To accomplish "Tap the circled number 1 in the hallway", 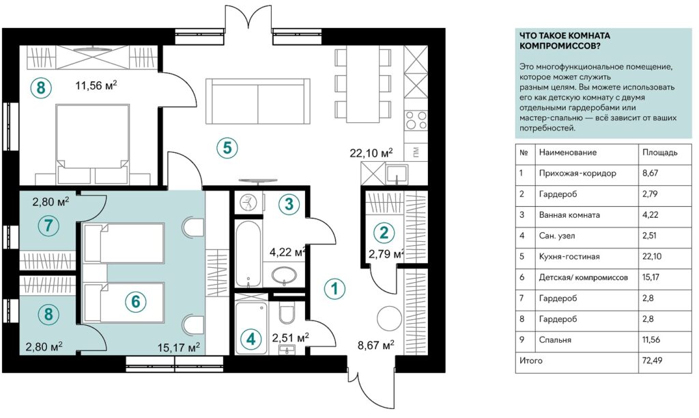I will pos(333,289).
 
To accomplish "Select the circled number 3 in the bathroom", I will pos(289,204).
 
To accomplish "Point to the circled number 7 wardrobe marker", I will pos(48,226).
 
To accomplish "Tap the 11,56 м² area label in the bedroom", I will pos(96,86).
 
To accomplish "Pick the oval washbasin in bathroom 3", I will pos(284,275).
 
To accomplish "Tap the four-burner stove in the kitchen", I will pos(416,120).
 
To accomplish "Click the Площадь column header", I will pos(660,152).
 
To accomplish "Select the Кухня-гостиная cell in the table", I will pos(569,256).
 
